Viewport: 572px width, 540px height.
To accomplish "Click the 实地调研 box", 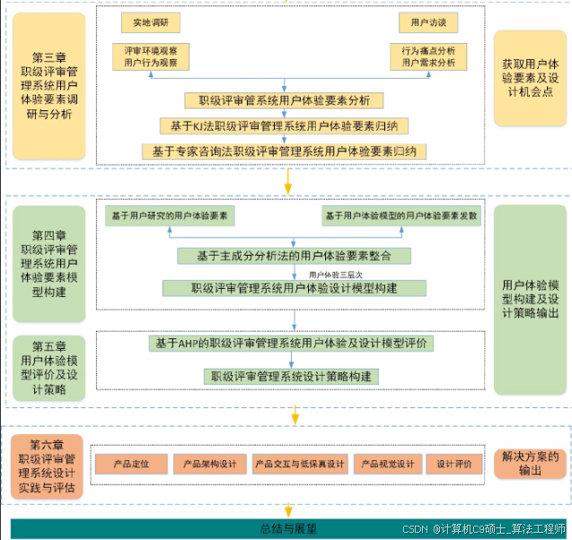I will click(x=151, y=22).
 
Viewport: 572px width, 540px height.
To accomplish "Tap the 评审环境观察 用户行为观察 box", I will click(x=151, y=57).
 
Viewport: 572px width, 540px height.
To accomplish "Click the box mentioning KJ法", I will click(x=284, y=125).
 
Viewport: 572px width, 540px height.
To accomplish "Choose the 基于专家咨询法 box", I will click(x=284, y=151).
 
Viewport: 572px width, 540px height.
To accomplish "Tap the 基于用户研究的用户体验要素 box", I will click(x=169, y=216).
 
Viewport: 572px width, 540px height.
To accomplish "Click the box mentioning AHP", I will click(x=292, y=343).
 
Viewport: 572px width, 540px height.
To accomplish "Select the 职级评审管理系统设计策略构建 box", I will click(x=292, y=376).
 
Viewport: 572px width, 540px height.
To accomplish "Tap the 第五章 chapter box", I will click(x=48, y=367).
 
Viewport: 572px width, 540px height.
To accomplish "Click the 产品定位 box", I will click(x=129, y=464).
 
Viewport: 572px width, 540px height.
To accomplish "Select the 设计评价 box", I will click(x=454, y=464).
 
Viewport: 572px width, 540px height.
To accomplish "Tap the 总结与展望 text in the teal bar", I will click(x=287, y=528).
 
